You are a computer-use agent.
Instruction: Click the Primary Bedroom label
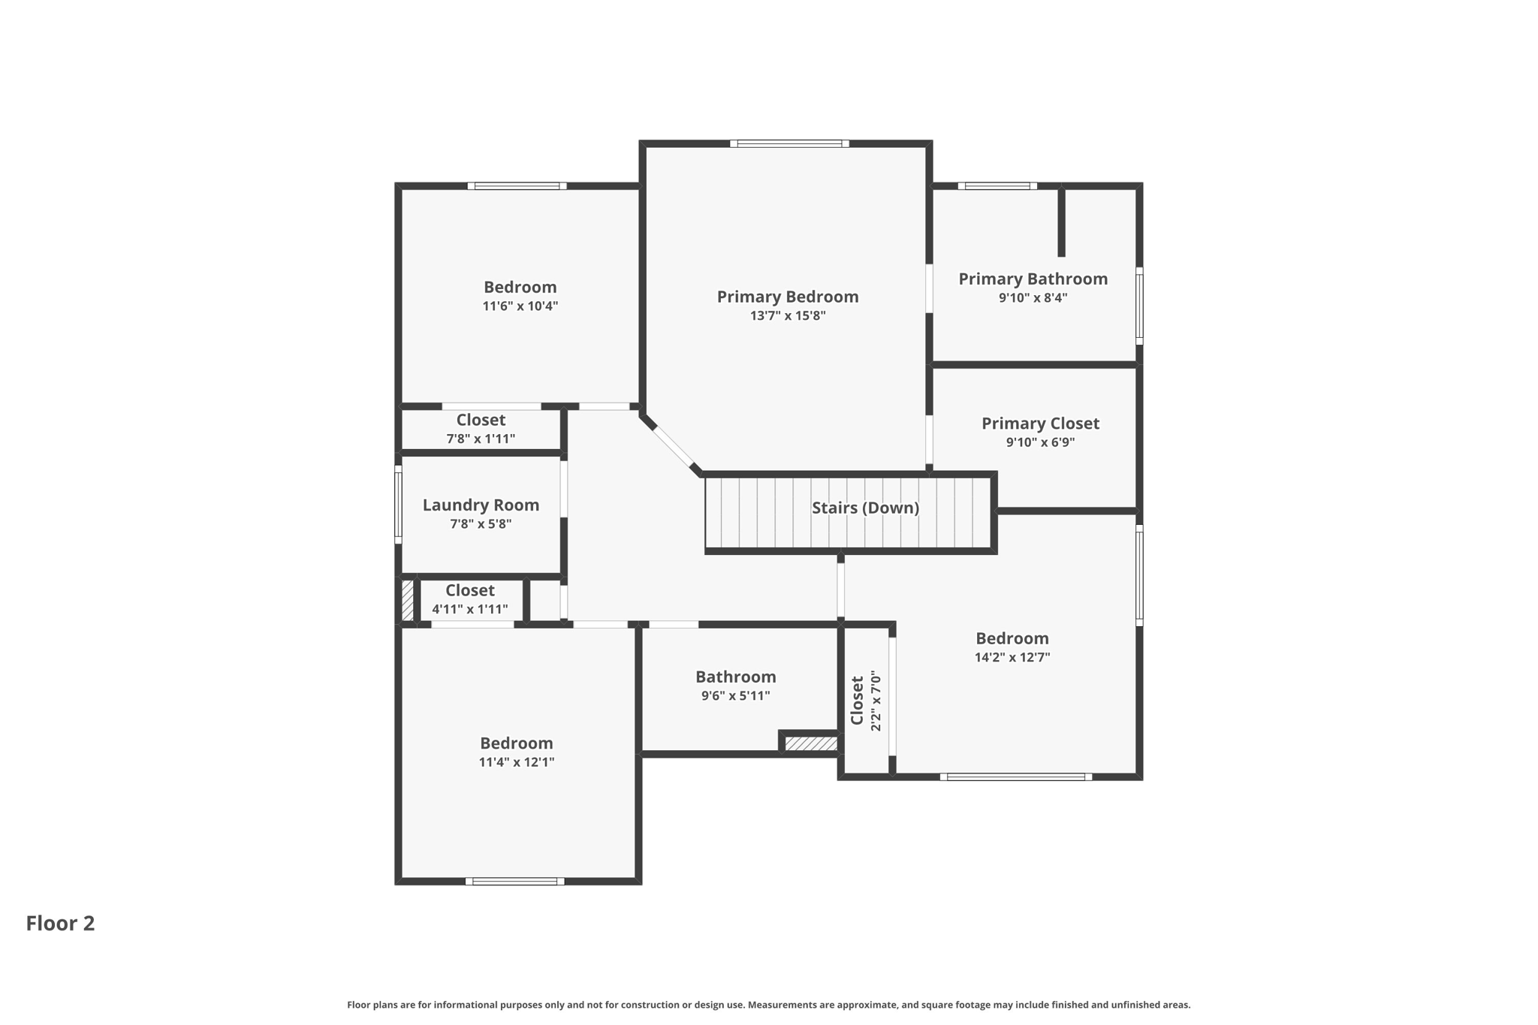[787, 297]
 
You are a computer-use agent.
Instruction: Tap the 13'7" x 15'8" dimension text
[787, 316]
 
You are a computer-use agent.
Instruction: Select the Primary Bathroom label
[1033, 279]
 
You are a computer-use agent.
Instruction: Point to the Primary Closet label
[1040, 424]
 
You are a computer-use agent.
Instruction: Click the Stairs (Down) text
[865, 508]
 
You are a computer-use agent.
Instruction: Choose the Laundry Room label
[481, 505]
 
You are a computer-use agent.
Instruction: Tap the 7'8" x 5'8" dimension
[481, 524]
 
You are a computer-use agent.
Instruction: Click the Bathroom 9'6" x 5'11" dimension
[735, 696]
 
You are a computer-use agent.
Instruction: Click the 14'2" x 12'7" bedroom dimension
[1012, 658]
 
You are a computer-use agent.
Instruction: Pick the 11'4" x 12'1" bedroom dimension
[516, 762]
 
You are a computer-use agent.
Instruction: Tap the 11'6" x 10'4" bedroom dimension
[520, 306]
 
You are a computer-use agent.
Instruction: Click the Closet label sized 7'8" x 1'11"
[481, 420]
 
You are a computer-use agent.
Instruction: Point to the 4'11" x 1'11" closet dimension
[469, 610]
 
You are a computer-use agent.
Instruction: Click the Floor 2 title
[60, 924]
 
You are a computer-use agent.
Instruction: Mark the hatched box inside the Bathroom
[811, 743]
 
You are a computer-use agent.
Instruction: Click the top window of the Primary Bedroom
[789, 143]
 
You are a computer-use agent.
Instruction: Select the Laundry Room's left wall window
[398, 504]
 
